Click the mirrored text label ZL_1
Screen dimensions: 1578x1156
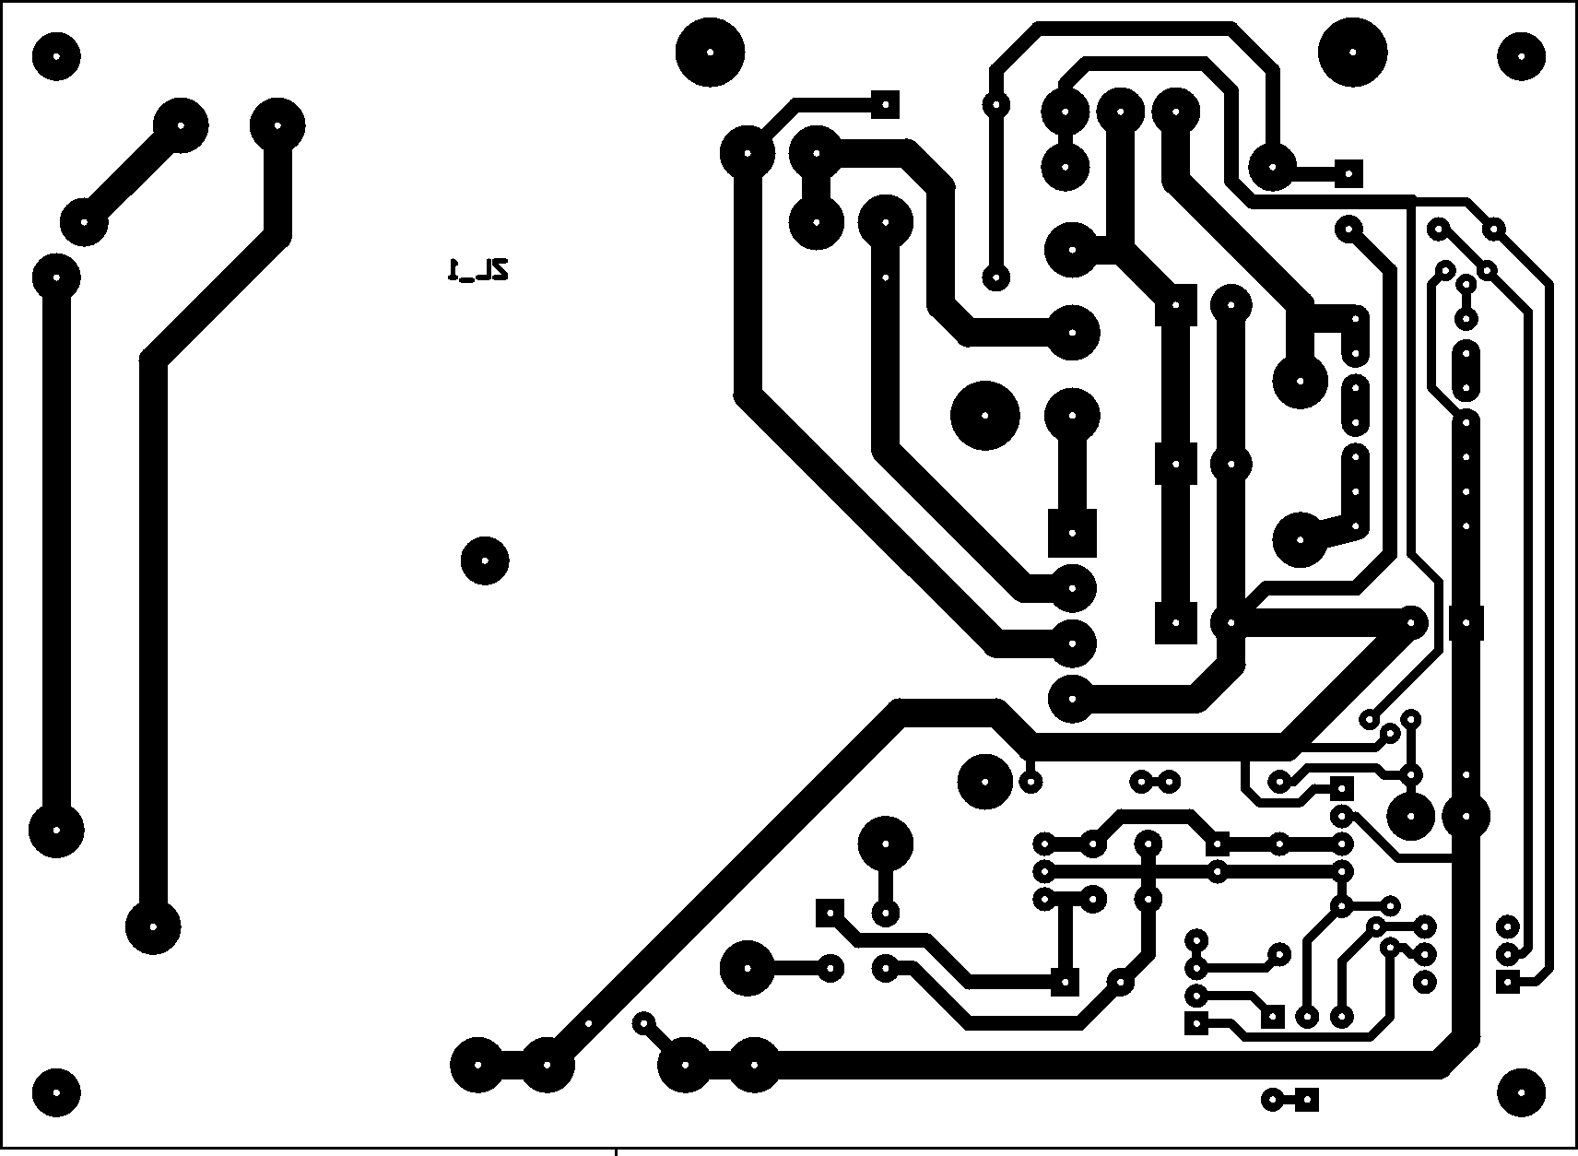click(x=478, y=270)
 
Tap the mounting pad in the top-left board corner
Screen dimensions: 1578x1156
click(x=56, y=56)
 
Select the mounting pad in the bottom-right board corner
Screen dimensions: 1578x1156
click(x=1521, y=1092)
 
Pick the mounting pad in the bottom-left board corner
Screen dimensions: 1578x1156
click(x=56, y=1092)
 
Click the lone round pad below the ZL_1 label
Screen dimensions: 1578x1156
click(x=485, y=560)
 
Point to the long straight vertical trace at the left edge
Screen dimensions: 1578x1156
click(x=57, y=554)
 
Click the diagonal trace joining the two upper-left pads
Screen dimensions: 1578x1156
click(x=133, y=175)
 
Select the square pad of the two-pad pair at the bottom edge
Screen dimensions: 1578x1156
click(x=1307, y=1099)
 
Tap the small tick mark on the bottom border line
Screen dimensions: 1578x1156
click(x=617, y=1151)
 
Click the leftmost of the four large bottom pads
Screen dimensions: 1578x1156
click(x=478, y=1065)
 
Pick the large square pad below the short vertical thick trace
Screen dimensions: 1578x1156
click(x=1072, y=533)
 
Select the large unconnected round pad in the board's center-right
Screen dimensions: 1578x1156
click(x=984, y=416)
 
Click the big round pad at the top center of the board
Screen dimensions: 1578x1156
click(x=710, y=53)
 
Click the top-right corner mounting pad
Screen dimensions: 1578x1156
click(x=1521, y=56)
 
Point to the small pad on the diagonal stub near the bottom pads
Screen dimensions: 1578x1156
click(x=643, y=1023)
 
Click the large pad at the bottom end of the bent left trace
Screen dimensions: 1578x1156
click(x=154, y=927)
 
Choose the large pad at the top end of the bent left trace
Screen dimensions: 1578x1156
click(x=277, y=126)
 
